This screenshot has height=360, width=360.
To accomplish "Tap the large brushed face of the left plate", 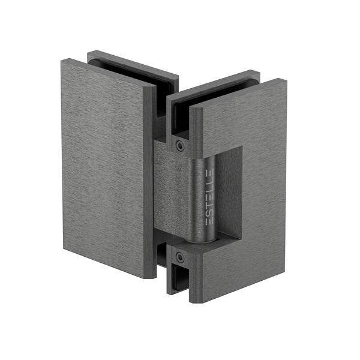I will click(102, 168).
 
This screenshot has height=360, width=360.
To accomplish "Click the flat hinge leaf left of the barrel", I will click(171, 192).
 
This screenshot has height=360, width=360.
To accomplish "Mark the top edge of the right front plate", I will click(240, 90).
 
